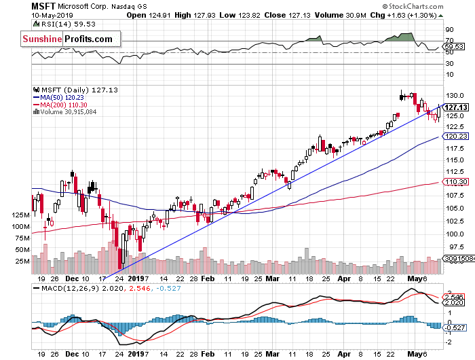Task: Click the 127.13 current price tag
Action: (x=457, y=107)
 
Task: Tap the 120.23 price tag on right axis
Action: (x=457, y=137)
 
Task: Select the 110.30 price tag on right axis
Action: (x=457, y=182)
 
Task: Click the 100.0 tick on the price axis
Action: (x=454, y=234)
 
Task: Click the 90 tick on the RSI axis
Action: (x=449, y=31)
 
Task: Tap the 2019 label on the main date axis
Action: (x=138, y=278)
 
